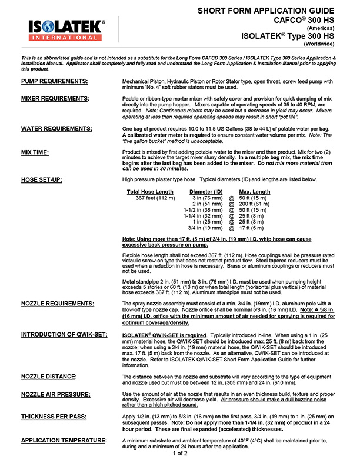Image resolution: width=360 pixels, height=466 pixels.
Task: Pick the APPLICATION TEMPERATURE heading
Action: (x=64, y=440)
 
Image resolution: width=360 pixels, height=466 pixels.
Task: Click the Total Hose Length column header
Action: (x=150, y=192)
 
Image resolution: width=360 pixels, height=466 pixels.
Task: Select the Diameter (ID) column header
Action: (x=206, y=192)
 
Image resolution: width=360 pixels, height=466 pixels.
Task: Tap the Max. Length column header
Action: (x=255, y=192)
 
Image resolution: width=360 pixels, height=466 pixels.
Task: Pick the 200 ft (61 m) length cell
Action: (x=255, y=204)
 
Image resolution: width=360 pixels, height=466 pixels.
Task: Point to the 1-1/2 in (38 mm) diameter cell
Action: (x=203, y=210)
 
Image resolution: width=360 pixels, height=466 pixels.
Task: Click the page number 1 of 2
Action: (x=179, y=454)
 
